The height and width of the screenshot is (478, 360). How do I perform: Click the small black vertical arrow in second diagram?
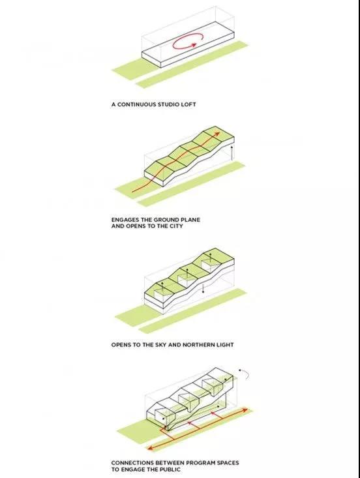click(232, 153)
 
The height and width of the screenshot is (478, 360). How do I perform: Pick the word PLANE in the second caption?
click(191, 220)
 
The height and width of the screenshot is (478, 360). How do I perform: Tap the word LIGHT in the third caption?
click(224, 345)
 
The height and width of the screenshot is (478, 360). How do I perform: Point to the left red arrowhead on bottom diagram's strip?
click(150, 448)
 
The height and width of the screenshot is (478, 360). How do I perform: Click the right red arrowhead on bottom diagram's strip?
click(245, 410)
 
